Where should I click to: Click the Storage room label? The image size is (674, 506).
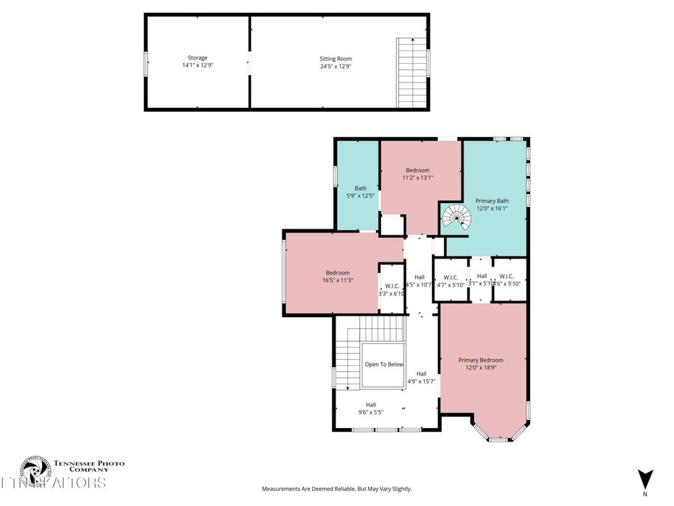pos(198,58)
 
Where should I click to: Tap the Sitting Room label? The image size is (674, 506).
pos(336,58)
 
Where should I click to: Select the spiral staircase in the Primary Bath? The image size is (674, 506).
pos(455,219)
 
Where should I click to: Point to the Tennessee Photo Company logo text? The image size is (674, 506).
pos(84,467)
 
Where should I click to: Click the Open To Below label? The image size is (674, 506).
pos(383,364)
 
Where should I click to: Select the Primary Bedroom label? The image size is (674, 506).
pos(481,360)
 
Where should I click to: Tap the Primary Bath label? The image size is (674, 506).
pos(492,200)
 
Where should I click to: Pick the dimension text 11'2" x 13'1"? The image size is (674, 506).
pos(417,178)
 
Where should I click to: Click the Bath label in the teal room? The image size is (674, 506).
pos(359,188)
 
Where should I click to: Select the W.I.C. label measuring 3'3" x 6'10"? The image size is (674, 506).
pos(392,289)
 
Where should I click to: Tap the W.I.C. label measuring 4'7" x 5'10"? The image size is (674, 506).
pos(450,280)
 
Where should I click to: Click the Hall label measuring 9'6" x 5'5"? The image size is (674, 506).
pos(371,409)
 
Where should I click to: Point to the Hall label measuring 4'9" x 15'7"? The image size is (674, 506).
pos(422,378)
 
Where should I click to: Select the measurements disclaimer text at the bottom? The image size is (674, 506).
pos(336,489)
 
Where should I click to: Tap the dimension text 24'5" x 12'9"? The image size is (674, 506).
pos(336,66)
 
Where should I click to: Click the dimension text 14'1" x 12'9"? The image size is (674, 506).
pos(198,65)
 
